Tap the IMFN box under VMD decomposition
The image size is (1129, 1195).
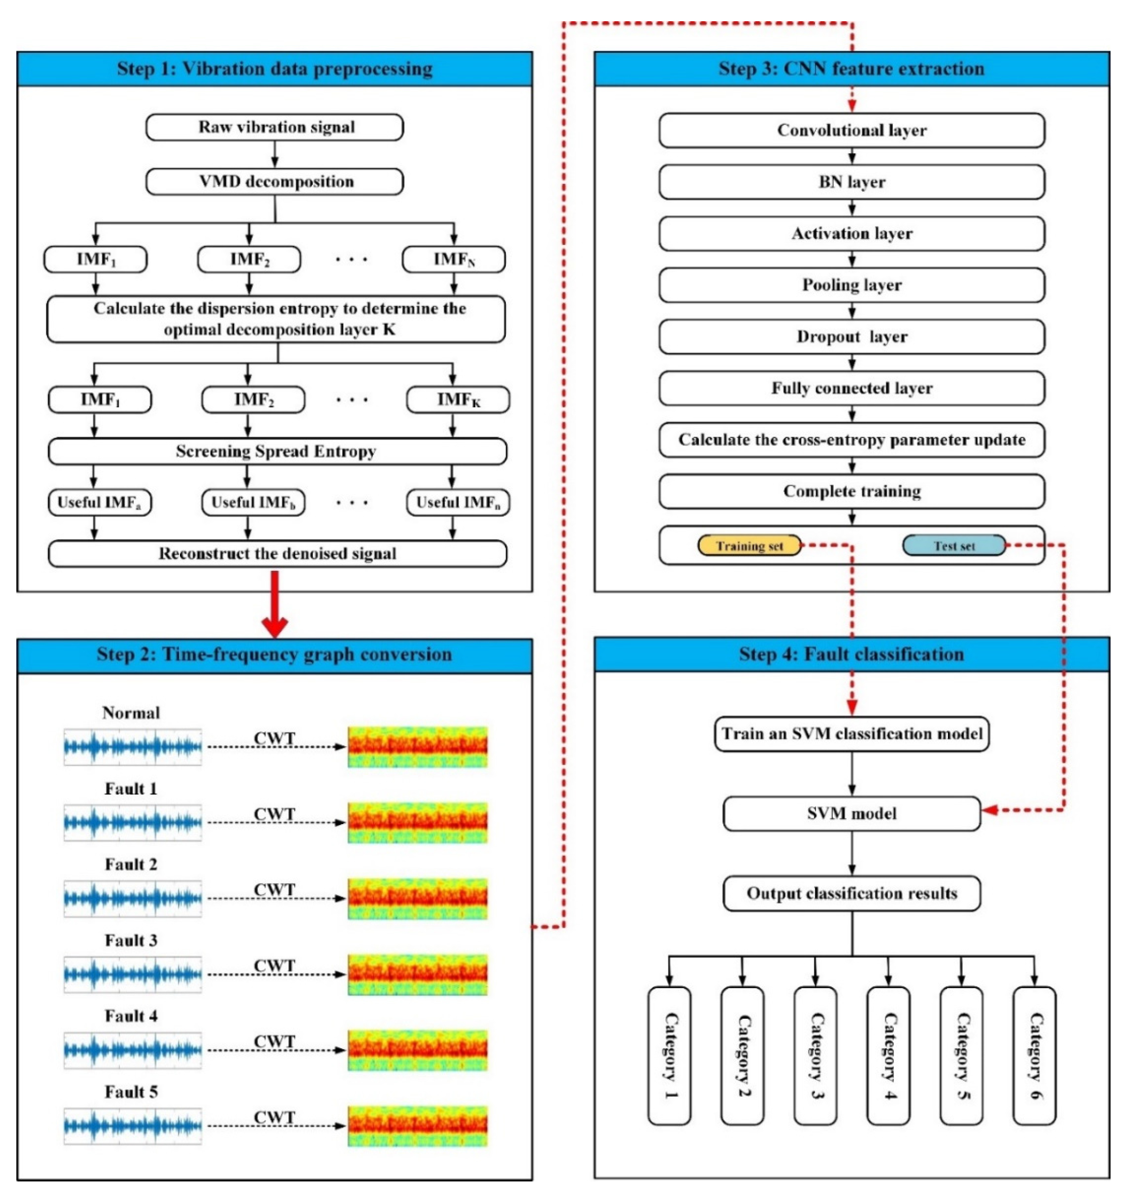click(x=453, y=259)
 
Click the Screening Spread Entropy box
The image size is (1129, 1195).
click(x=277, y=451)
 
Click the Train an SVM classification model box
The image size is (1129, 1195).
click(x=852, y=734)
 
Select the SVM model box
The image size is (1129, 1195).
click(x=852, y=814)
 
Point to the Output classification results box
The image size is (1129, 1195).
click(x=852, y=893)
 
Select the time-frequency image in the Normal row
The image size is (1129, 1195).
click(x=418, y=747)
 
